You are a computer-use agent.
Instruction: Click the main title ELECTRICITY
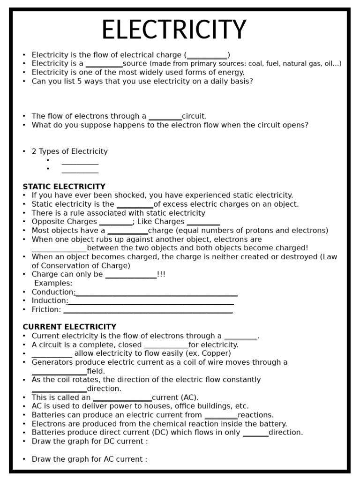174,30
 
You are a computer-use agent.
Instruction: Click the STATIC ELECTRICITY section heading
64,187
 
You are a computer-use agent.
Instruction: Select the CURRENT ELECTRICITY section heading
69,327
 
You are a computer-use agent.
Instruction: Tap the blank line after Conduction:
157,293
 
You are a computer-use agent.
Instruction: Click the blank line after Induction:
151,302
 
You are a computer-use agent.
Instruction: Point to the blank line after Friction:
148,311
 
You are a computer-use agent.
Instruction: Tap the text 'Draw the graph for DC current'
90,442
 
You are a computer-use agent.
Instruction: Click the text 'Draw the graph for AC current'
89,459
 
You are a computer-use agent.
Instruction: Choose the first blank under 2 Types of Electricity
80,163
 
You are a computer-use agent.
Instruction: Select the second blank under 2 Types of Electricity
80,171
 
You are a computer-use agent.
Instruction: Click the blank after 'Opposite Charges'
116,224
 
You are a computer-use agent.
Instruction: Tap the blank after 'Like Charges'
203,224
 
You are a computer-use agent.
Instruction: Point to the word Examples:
53,283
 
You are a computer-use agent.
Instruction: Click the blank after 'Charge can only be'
131,276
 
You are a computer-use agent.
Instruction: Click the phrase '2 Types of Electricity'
69,151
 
